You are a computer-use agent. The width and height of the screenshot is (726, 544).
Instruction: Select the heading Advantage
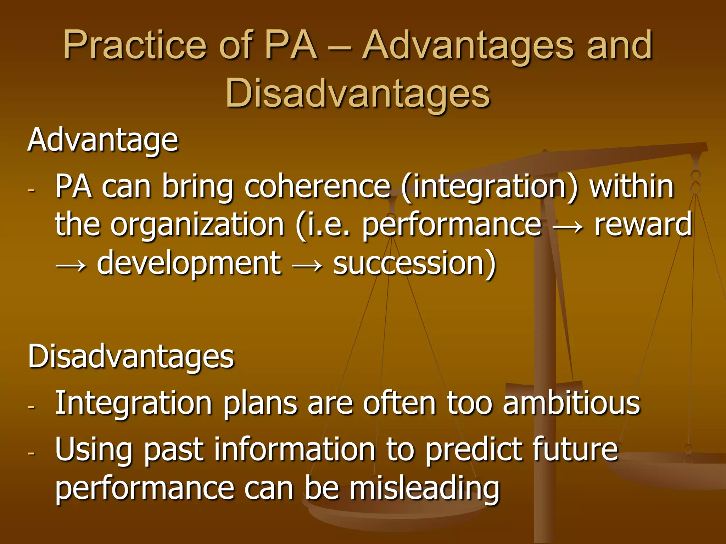[x=103, y=141]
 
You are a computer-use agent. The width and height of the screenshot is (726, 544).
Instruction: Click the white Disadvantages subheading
[x=131, y=356]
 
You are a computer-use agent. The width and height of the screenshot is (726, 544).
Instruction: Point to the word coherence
[x=317, y=187]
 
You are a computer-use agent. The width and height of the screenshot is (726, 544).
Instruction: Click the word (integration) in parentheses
[x=490, y=187]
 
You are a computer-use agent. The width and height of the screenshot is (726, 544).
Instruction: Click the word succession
[x=414, y=263]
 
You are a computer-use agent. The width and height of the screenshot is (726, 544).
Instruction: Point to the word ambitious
[x=571, y=403]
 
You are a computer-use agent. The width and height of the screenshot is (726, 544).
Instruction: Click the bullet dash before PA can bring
[x=31, y=190]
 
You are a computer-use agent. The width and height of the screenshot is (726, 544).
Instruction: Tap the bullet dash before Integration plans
[x=31, y=407]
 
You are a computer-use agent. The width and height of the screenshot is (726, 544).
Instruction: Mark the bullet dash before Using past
[x=31, y=453]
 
